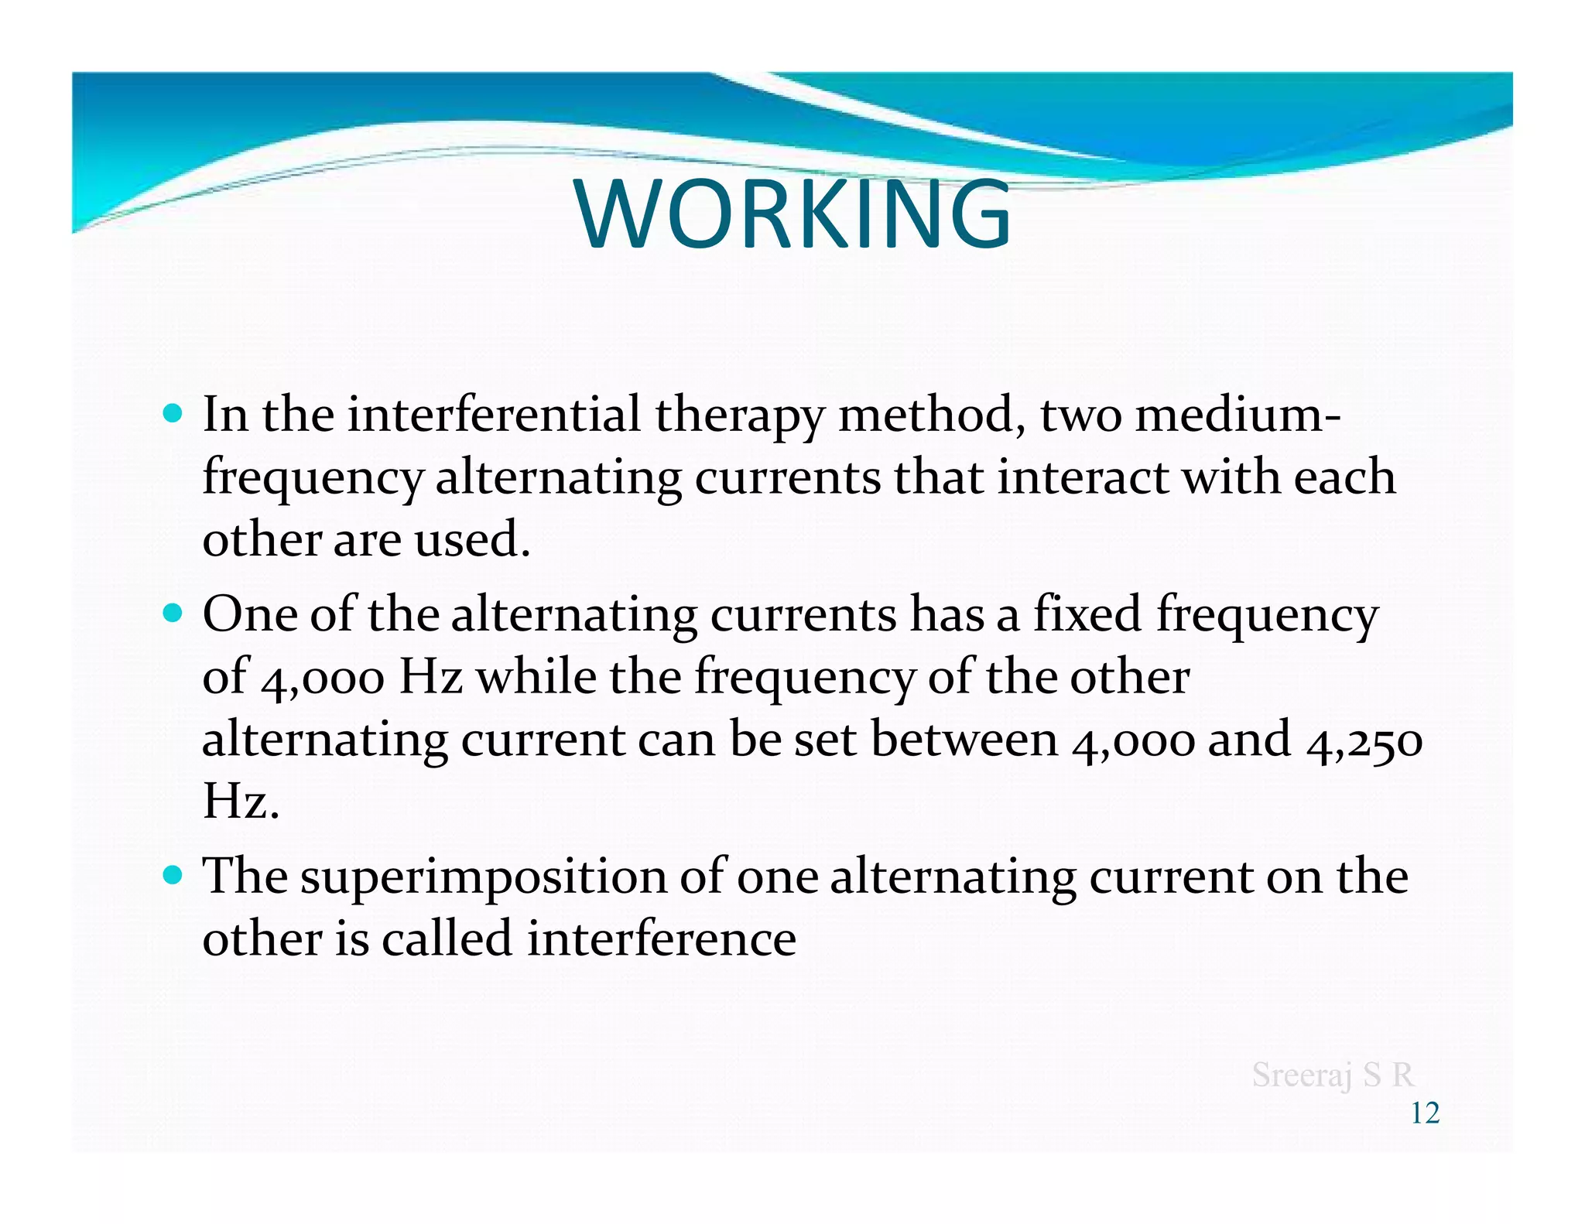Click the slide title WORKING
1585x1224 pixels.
pos(792,214)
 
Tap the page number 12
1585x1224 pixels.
pos(1425,1113)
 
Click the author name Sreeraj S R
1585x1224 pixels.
pos(1333,1075)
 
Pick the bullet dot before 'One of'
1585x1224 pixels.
pos(173,614)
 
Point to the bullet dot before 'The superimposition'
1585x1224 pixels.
pos(173,875)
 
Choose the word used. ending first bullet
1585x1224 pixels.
pos(472,539)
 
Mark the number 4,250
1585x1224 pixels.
pos(1364,740)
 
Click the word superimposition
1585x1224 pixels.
pos(483,878)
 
